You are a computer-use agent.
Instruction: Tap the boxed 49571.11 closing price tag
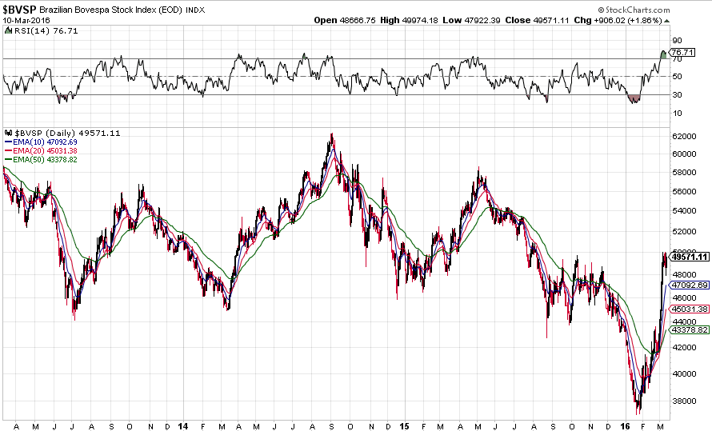(690, 257)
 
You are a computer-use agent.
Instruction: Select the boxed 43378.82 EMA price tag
(690, 329)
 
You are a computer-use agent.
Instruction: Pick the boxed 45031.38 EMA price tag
(690, 309)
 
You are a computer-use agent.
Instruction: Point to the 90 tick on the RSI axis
(677, 40)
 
